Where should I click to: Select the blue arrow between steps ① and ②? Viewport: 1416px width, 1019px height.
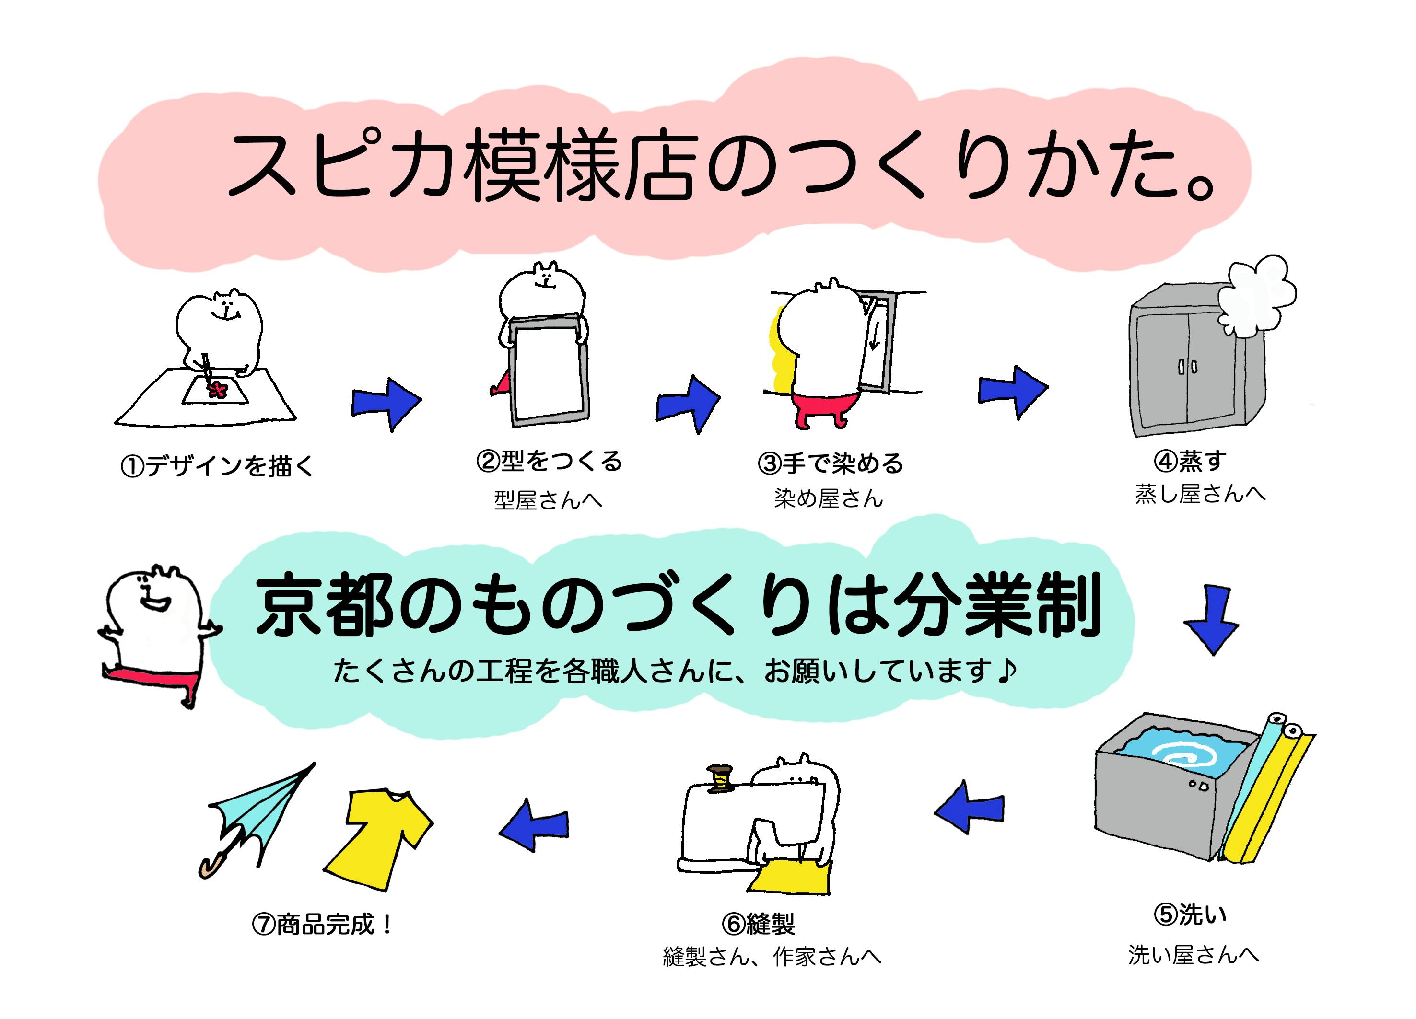point(386,403)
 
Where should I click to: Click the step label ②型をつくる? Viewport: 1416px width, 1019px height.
point(549,462)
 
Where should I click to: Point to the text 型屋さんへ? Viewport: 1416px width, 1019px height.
point(548,500)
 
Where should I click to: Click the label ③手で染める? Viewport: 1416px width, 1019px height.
point(831,463)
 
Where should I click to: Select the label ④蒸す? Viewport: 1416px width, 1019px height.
point(1190,461)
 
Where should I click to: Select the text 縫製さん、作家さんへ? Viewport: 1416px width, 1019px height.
point(772,957)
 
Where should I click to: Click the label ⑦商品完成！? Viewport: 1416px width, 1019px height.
point(322,924)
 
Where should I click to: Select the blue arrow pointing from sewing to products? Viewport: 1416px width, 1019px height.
point(535,825)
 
